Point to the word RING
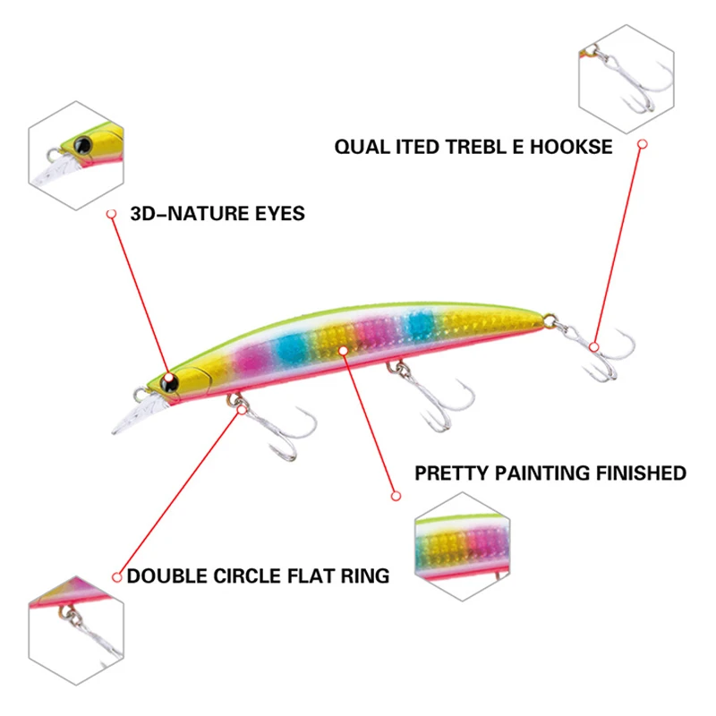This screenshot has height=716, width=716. pos(365,575)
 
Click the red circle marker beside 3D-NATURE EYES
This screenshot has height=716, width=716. pos(112,214)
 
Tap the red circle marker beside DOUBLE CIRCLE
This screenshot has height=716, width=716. pos(116,576)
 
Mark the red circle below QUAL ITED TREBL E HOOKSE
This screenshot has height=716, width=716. pos(642,143)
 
